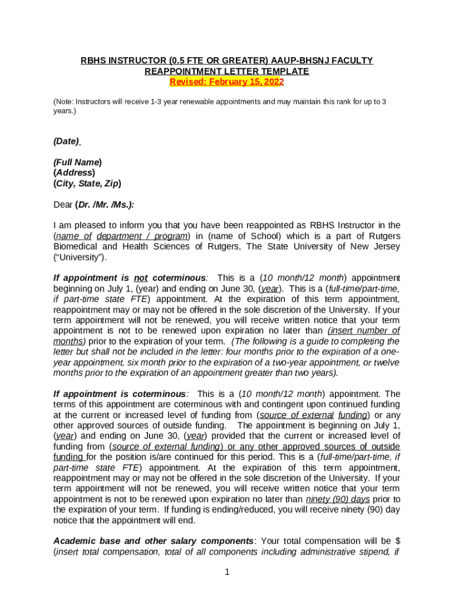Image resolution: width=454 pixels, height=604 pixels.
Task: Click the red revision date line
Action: (x=227, y=82)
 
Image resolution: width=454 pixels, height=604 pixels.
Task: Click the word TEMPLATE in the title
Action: (x=285, y=71)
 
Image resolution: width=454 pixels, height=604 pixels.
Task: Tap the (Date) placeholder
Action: (x=67, y=141)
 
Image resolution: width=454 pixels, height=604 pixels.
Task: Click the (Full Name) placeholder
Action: (x=77, y=162)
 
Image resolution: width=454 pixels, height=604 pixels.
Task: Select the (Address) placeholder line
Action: (x=74, y=173)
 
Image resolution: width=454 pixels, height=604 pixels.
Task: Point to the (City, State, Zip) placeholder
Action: (x=87, y=183)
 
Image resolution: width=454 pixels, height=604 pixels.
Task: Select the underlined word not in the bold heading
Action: (x=140, y=278)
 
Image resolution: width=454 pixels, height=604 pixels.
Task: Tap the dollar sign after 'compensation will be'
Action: (x=397, y=541)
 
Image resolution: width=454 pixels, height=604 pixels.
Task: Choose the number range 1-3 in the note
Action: (x=157, y=102)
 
